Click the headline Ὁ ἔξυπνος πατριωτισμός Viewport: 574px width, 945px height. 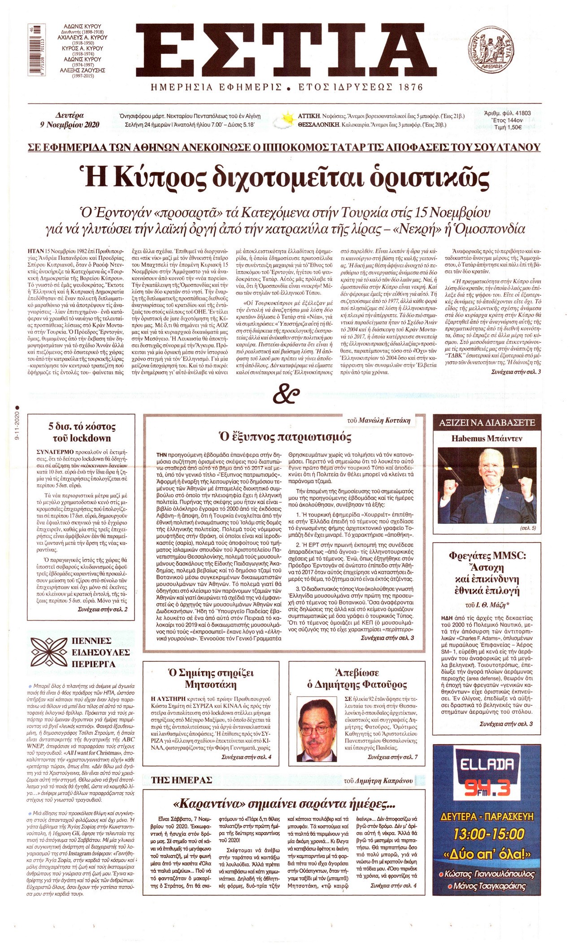[284, 436]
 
